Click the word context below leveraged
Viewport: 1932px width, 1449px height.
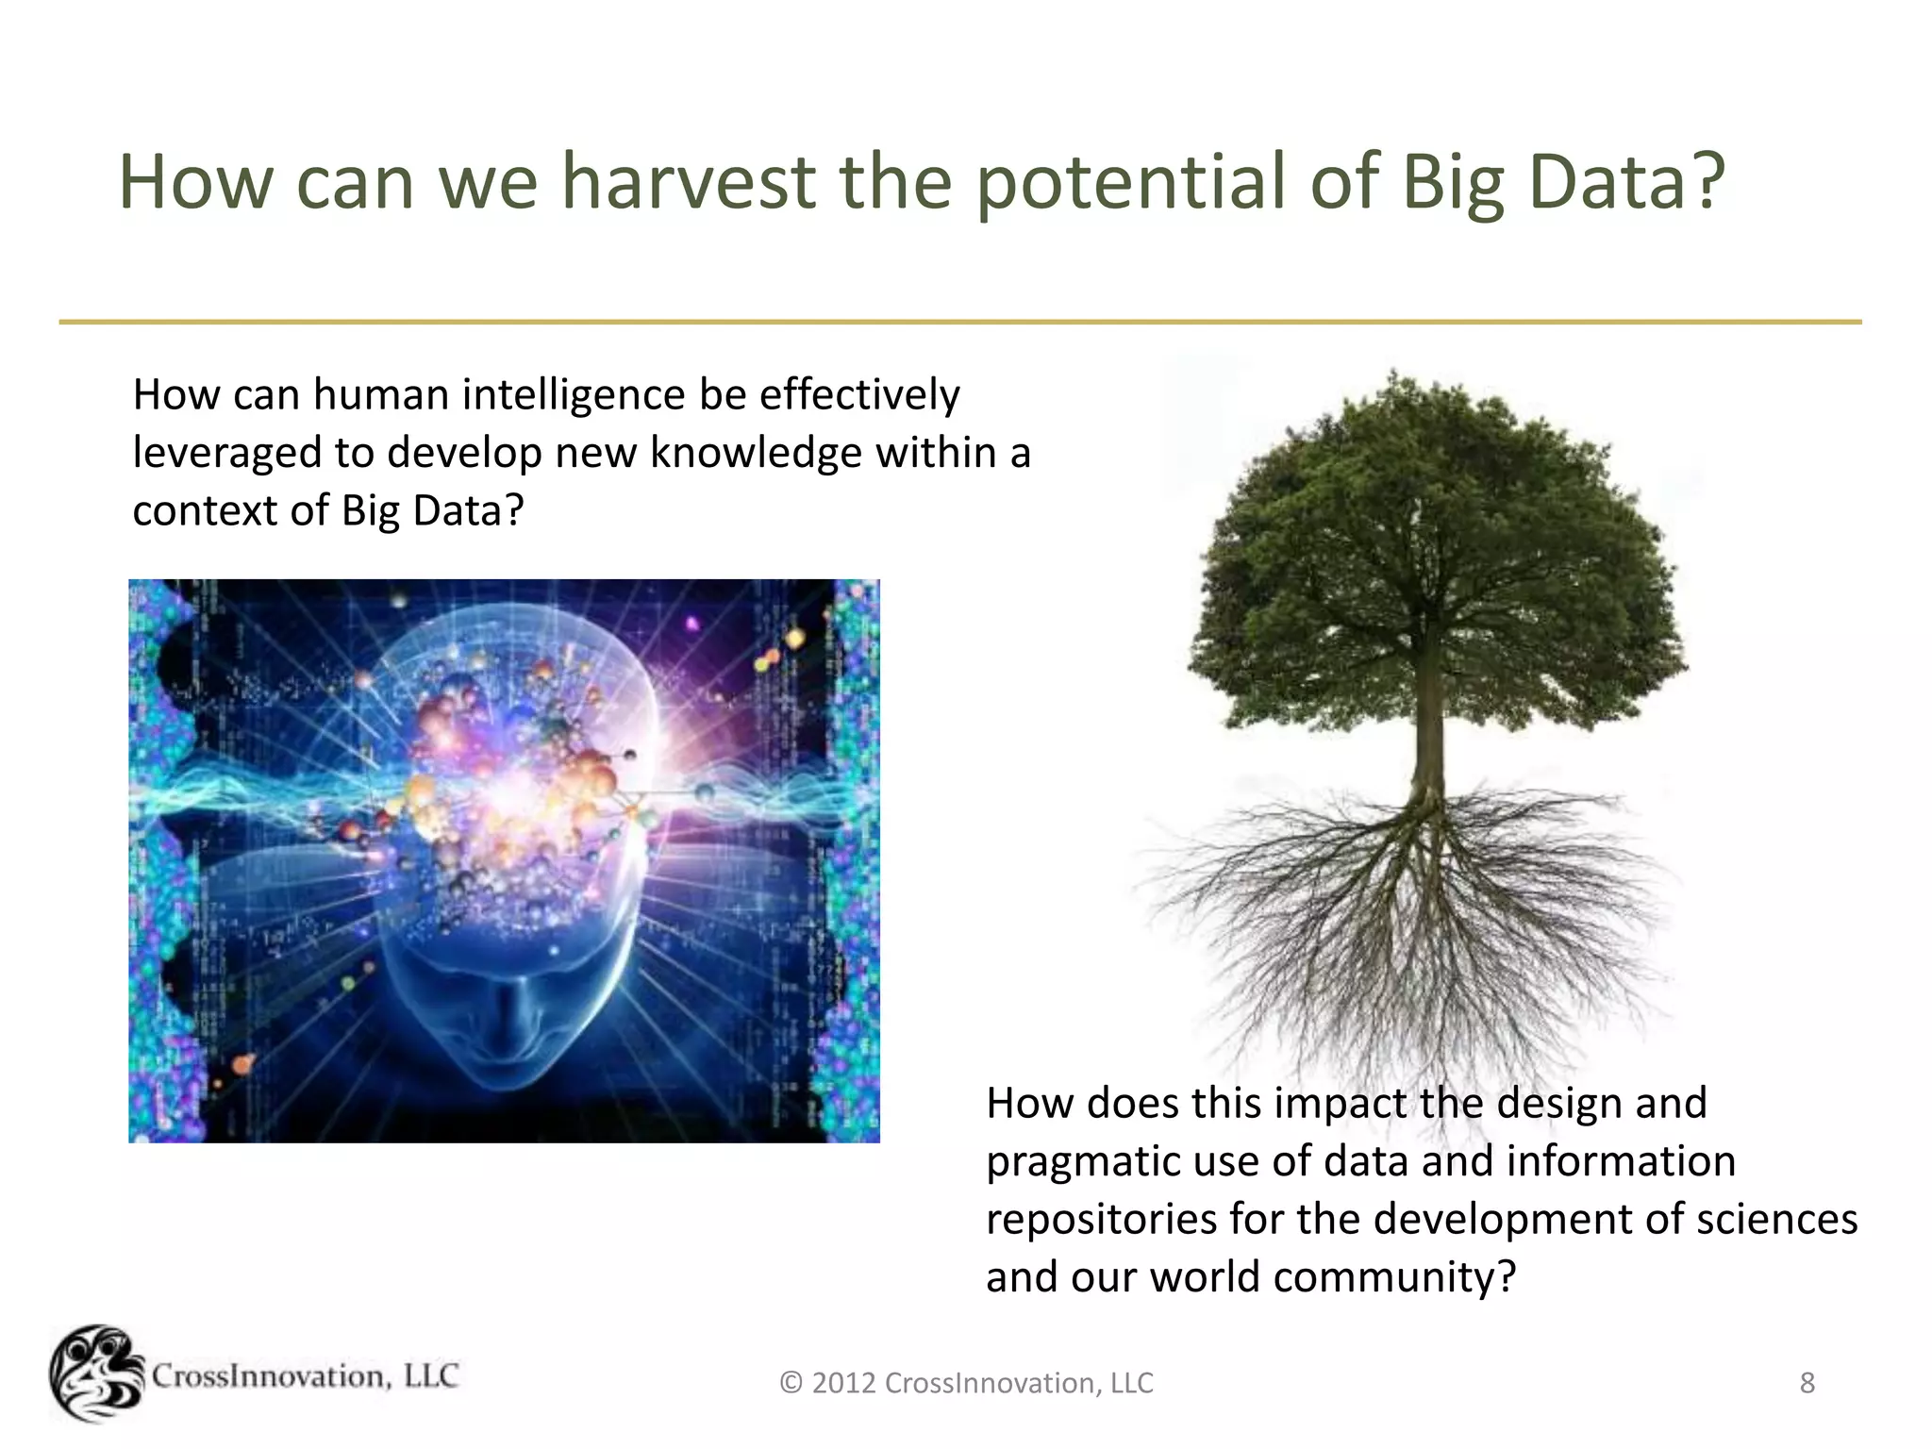coord(203,511)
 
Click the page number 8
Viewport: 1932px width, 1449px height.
coord(1807,1383)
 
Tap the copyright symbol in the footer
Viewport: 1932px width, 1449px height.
coord(791,1384)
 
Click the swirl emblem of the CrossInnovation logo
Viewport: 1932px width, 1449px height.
coord(94,1374)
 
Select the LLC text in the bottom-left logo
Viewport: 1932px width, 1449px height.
coord(430,1376)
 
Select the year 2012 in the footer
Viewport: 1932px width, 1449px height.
coord(843,1384)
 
